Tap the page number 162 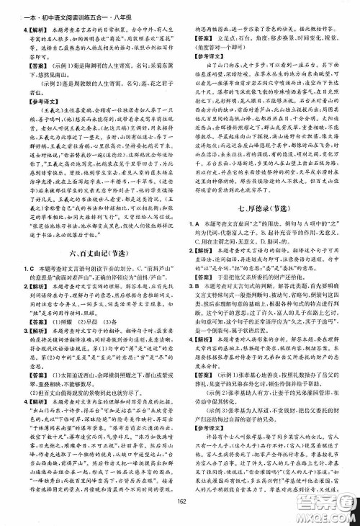[180, 515]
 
